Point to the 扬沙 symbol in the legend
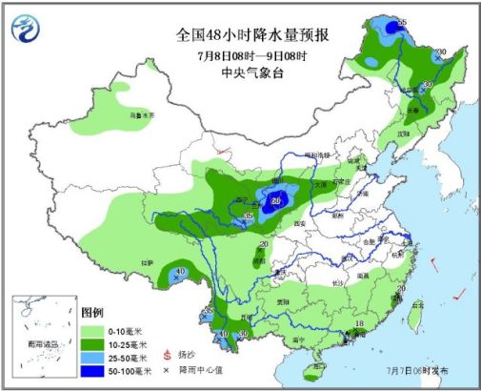tap(169, 355)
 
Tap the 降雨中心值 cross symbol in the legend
tap(169, 369)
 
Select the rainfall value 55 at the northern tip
tap(402, 22)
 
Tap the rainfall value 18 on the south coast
tap(360, 325)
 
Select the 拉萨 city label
tap(148, 260)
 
